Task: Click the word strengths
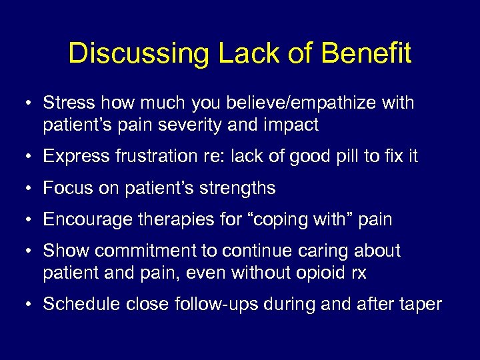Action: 236,189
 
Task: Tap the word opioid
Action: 322,272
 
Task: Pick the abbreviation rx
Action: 358,272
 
